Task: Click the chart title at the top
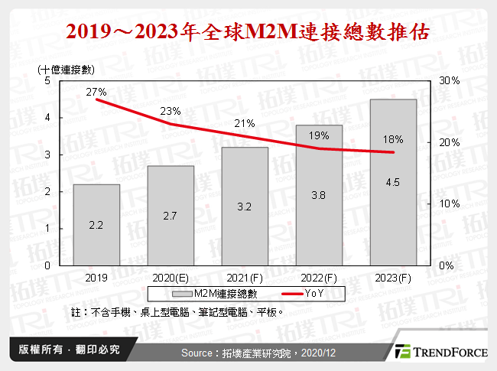click(248, 33)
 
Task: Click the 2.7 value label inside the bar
click(171, 217)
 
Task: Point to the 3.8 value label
click(320, 195)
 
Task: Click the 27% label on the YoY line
click(96, 92)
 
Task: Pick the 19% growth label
click(320, 135)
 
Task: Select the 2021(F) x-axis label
click(245, 278)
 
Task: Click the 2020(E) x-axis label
click(171, 278)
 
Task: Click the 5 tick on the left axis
click(47, 80)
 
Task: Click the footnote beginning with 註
click(177, 312)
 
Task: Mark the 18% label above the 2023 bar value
click(394, 139)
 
